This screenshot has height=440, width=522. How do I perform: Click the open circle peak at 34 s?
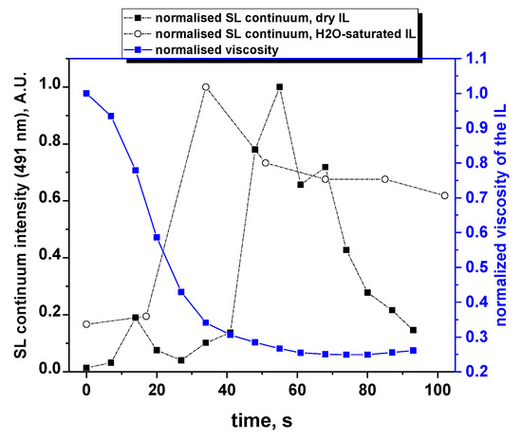(206, 87)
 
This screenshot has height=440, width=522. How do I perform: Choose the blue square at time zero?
(86, 93)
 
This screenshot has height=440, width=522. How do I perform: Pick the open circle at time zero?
(86, 324)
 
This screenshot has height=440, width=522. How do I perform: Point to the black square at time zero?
(86, 368)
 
